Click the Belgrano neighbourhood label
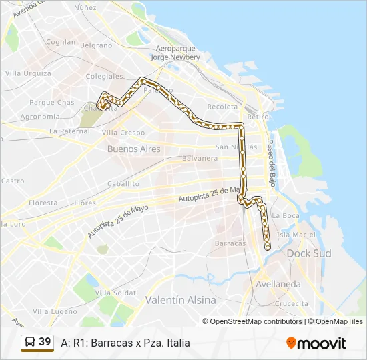tap(96, 45)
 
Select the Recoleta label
tap(222, 107)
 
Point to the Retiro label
tap(258, 117)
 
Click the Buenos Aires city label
tap(133, 149)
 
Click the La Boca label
tap(286, 215)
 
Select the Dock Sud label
tap(304, 253)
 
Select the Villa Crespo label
tap(123, 133)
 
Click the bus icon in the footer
tap(30, 342)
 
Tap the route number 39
tap(45, 342)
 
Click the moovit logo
tap(316, 343)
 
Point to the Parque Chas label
tap(52, 103)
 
